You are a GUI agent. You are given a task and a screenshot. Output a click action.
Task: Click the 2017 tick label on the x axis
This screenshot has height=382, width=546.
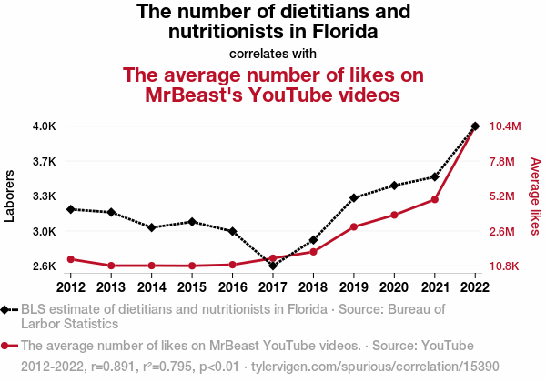tap(273, 288)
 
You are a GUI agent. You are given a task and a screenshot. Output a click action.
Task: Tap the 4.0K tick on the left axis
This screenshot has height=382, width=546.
tap(45, 126)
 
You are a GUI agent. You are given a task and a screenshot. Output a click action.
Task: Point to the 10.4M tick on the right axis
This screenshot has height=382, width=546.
tap(505, 126)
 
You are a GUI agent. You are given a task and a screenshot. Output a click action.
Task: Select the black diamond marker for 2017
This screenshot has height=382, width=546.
tap(273, 266)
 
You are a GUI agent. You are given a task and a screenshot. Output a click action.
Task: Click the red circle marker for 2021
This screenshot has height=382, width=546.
tap(435, 199)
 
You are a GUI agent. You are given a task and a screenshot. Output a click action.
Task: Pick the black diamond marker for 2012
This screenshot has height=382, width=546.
tap(70, 209)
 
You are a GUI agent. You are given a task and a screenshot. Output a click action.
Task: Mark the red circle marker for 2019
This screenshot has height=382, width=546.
tap(354, 226)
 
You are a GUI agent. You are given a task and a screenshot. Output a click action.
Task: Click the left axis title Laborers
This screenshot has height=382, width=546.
tap(10, 196)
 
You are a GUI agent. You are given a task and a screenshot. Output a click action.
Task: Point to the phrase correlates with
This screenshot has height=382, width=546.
tap(273, 53)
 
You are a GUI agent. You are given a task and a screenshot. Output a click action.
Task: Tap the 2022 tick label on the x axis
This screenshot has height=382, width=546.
tap(475, 288)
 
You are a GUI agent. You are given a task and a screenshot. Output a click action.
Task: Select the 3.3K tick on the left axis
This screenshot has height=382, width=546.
tap(45, 196)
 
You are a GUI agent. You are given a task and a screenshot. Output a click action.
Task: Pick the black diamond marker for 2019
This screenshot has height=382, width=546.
tap(354, 197)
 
